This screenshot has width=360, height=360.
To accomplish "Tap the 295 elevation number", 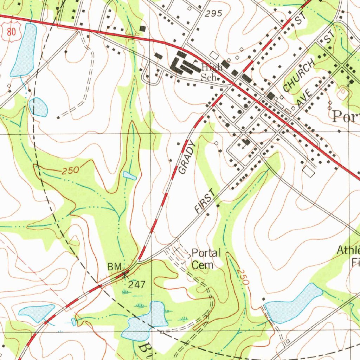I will (x=214, y=14).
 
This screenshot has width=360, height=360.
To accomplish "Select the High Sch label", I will (x=211, y=72).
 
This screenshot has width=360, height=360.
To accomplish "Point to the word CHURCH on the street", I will (x=298, y=75).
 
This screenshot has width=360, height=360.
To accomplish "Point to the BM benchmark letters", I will (x=114, y=266).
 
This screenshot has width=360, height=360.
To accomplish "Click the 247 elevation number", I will (x=136, y=284).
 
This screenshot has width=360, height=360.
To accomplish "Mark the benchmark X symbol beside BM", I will (x=124, y=273).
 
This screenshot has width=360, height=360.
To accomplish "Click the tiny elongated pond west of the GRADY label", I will (x=130, y=176).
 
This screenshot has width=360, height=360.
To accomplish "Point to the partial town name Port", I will (x=346, y=116).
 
